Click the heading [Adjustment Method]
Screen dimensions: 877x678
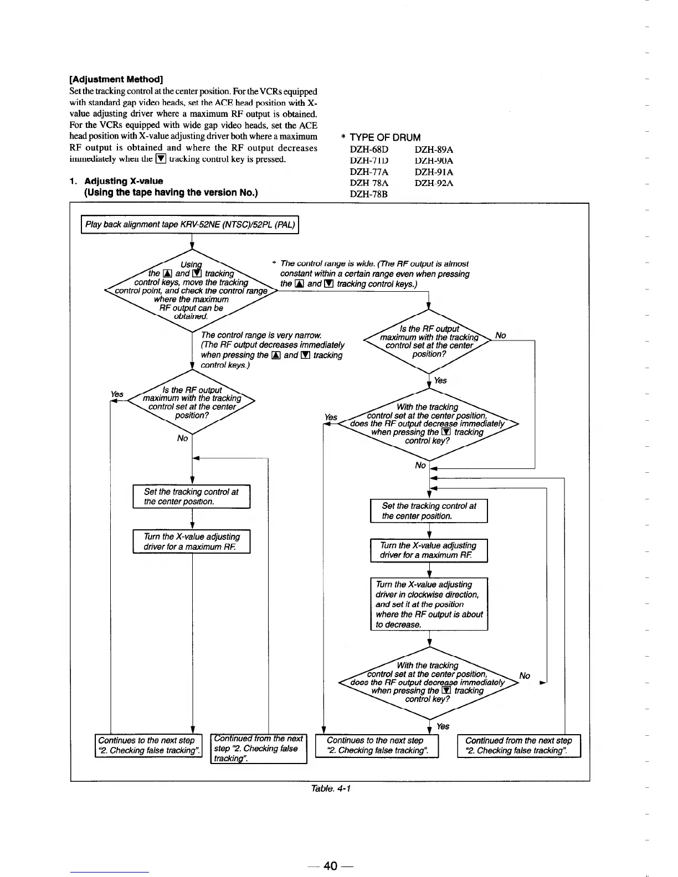pyautogui.click(x=116, y=79)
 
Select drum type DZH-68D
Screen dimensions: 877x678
pyautogui.click(x=369, y=149)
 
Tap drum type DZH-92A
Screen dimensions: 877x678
pyautogui.click(x=434, y=183)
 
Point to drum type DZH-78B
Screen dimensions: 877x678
pyautogui.click(x=369, y=194)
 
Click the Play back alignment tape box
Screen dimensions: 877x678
pyautogui.click(x=190, y=224)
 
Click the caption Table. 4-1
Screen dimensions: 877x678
pyautogui.click(x=331, y=788)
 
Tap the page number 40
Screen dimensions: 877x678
pyautogui.click(x=331, y=866)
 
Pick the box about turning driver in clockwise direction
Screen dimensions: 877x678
pyautogui.click(x=429, y=604)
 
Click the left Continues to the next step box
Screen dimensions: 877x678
pyautogui.click(x=148, y=745)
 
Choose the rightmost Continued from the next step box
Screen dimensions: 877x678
pyautogui.click(x=518, y=745)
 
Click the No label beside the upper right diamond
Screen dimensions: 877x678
pyautogui.click(x=501, y=336)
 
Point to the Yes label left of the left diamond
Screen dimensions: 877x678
pyautogui.click(x=117, y=394)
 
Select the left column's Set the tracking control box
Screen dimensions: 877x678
pyautogui.click(x=191, y=497)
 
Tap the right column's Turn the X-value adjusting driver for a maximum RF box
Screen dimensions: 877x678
pyautogui.click(x=429, y=550)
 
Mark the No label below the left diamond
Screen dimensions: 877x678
pyautogui.click(x=182, y=438)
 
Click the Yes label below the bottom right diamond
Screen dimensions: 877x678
pyautogui.click(x=443, y=726)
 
